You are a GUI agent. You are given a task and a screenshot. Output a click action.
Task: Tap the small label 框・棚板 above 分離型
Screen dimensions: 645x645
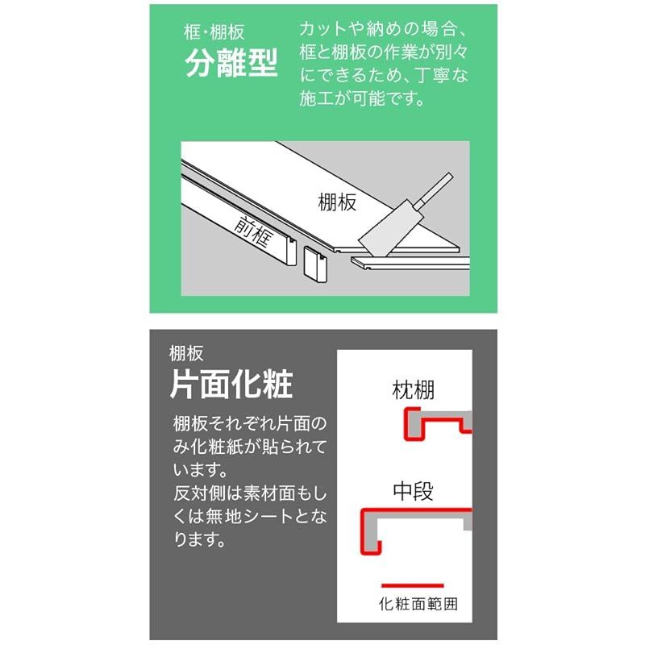coord(214,34)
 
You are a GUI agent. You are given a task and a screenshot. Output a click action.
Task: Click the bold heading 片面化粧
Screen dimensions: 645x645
coord(231,385)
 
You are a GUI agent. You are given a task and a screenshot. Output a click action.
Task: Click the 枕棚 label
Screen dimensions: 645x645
coord(413,392)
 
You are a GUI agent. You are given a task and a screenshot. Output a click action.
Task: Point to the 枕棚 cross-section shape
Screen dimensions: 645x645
coord(435,423)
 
